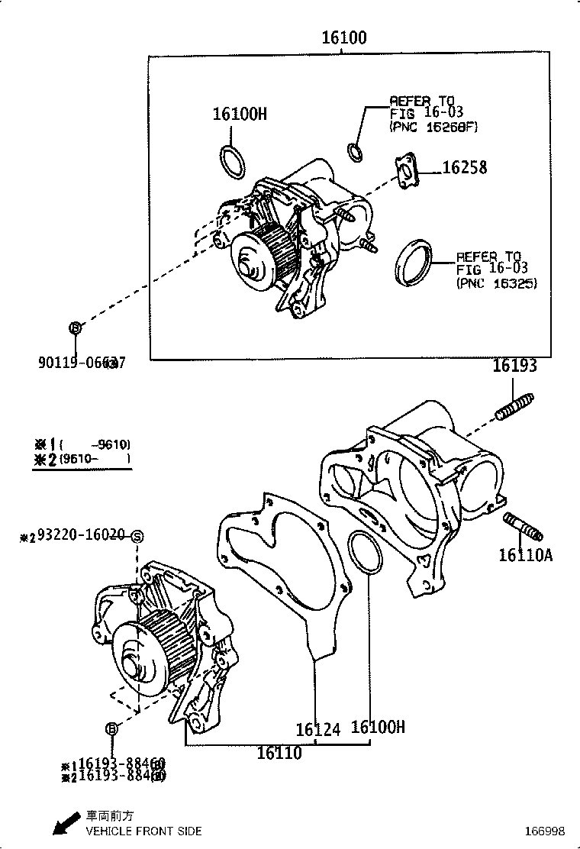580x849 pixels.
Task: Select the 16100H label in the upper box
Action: (x=240, y=115)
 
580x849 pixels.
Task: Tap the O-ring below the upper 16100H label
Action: (x=232, y=161)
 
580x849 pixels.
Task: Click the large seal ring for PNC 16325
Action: (x=414, y=263)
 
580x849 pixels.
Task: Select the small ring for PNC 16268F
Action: (x=356, y=152)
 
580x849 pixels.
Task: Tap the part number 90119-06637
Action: (x=81, y=363)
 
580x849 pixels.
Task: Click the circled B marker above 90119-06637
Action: (x=76, y=328)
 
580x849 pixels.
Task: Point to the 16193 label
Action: (x=514, y=366)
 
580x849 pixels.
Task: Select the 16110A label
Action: (x=525, y=555)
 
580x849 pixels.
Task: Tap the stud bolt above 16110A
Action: (x=523, y=527)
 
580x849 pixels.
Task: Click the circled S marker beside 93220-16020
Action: (x=137, y=537)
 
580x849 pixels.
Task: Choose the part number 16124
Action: (x=317, y=730)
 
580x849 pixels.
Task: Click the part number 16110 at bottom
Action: (x=279, y=753)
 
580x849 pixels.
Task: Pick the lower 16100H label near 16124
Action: (x=378, y=727)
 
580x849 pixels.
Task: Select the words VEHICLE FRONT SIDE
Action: (x=144, y=831)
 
